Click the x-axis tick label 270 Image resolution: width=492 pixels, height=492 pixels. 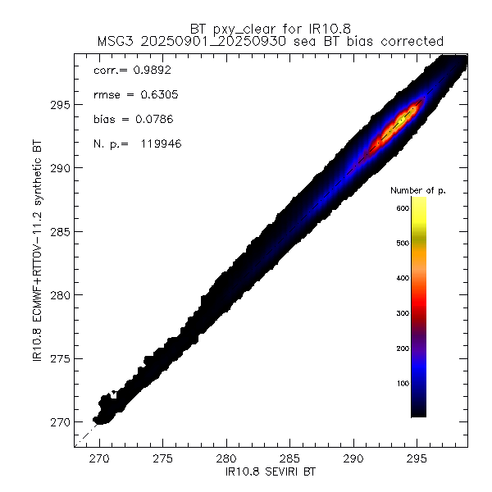100,460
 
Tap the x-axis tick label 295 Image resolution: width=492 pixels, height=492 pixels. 417,460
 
